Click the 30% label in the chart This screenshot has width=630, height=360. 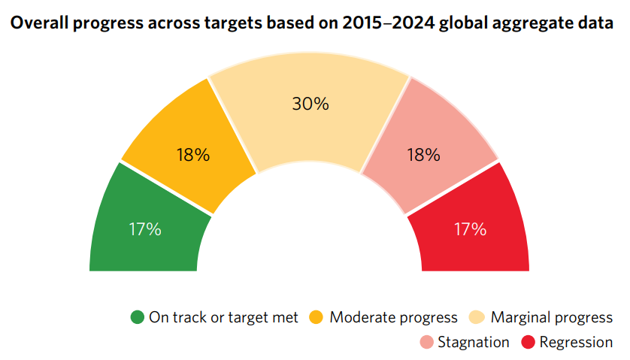click(310, 104)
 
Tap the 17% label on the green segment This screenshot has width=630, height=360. click(144, 229)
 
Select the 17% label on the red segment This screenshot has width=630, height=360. click(471, 229)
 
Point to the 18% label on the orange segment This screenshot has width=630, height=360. click(193, 156)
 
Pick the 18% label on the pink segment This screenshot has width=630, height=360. click(423, 156)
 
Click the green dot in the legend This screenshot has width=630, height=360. click(137, 317)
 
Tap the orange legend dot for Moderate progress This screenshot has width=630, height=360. click(317, 317)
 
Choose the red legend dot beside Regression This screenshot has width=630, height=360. click(527, 343)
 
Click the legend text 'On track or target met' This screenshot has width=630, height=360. click(223, 317)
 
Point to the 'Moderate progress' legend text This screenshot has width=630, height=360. click(393, 317)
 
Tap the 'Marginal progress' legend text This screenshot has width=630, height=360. click(551, 317)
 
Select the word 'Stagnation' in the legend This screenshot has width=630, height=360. click(474, 343)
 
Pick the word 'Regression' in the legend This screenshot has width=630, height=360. click(576, 343)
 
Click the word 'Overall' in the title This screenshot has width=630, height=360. click(38, 23)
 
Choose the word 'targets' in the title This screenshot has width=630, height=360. click(232, 23)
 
